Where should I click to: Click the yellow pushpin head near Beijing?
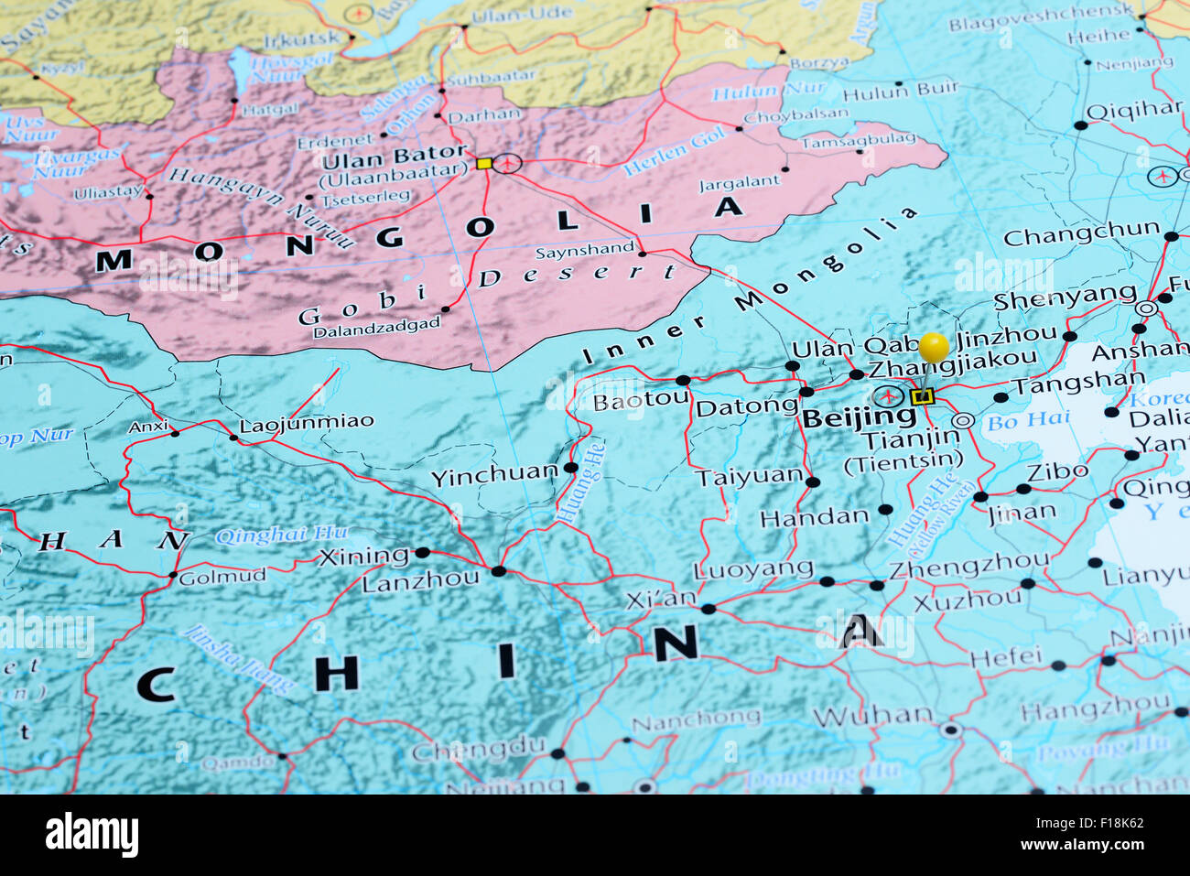934,347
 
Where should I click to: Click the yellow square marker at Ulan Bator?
483,164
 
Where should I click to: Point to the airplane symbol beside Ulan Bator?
506,164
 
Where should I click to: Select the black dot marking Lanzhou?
498,571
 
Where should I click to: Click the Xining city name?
363,557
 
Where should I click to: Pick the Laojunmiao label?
307,423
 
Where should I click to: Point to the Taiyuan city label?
749,477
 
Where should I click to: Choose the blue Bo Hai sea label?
1016,421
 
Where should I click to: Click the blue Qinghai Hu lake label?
282,535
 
